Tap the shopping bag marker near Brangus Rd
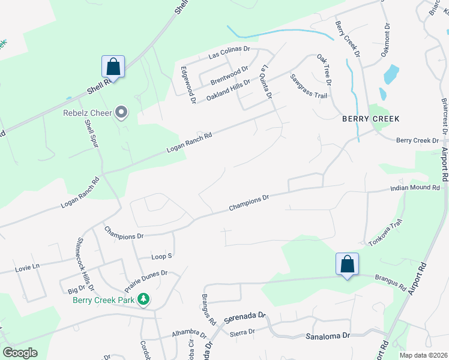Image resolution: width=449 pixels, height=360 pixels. (x=347, y=264)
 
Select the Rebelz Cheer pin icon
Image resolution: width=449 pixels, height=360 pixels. (x=122, y=112)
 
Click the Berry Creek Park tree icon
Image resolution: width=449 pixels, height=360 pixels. (x=143, y=299)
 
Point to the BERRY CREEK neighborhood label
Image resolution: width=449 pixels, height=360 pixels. (x=370, y=118)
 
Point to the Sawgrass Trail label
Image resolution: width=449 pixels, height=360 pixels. (x=309, y=87)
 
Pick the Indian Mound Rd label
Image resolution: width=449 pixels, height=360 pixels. (x=415, y=188)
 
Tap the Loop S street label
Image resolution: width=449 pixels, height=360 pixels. (x=161, y=256)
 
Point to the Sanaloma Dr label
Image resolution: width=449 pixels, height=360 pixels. (x=328, y=337)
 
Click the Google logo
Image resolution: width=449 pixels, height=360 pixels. (x=20, y=353)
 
